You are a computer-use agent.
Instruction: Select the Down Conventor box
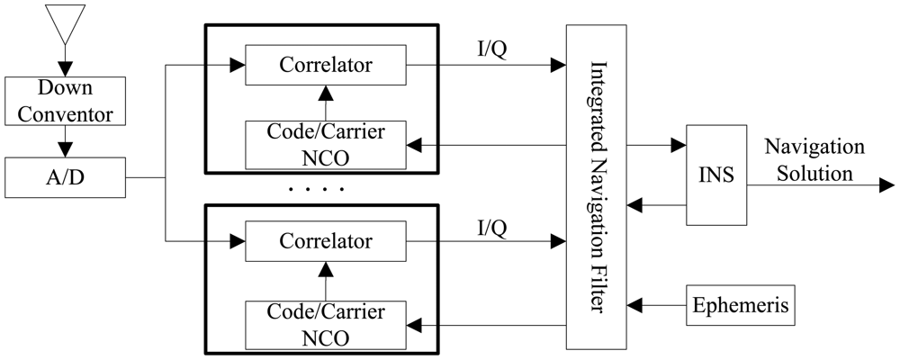click(x=66, y=102)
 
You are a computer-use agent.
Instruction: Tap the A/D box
click(x=66, y=177)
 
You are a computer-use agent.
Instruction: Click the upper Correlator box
click(x=326, y=65)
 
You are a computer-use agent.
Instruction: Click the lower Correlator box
click(x=326, y=240)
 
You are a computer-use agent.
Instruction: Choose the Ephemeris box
click(x=742, y=306)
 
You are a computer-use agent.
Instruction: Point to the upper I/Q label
click(x=492, y=50)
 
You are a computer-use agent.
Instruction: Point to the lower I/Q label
click(x=492, y=227)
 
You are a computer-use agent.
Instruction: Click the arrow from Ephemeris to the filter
click(x=657, y=306)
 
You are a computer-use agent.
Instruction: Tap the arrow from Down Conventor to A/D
click(x=66, y=142)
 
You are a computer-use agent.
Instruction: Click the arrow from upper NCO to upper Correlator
click(x=326, y=101)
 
